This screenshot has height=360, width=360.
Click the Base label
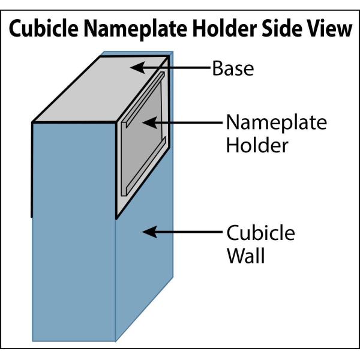coord(233,68)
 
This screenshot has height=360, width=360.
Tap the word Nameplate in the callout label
coord(276,123)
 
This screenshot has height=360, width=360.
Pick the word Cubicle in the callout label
coord(260,232)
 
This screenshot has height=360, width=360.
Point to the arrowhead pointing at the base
coord(137,68)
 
